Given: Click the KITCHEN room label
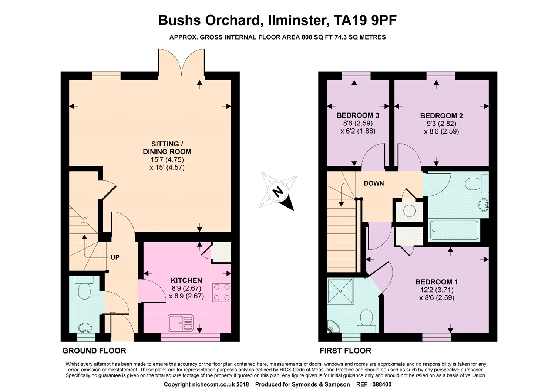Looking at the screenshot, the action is (186, 280).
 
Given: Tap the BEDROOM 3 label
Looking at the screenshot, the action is (358, 115).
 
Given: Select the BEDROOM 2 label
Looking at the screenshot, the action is (441, 116).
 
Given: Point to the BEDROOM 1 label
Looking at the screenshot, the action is (437, 282).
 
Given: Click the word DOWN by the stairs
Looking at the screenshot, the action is (374, 183).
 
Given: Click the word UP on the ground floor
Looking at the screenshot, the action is (115, 257).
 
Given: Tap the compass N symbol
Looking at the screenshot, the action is (278, 192).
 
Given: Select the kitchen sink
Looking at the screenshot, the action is (181, 323).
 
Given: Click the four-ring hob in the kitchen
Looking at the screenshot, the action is (222, 293).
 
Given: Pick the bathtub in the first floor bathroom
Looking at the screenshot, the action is (454, 230).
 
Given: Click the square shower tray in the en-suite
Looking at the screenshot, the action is (340, 291).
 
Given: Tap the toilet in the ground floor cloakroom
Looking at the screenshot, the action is (84, 287).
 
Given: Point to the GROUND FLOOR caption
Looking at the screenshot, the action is (94, 351).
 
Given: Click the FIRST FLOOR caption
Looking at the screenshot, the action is (345, 351).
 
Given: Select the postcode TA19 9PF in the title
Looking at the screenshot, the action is (365, 20).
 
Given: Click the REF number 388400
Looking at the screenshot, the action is (374, 384).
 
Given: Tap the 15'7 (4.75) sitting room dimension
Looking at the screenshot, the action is (167, 159).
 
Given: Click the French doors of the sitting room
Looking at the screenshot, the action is (181, 63).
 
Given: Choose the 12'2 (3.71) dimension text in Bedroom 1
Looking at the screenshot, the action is (437, 290).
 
